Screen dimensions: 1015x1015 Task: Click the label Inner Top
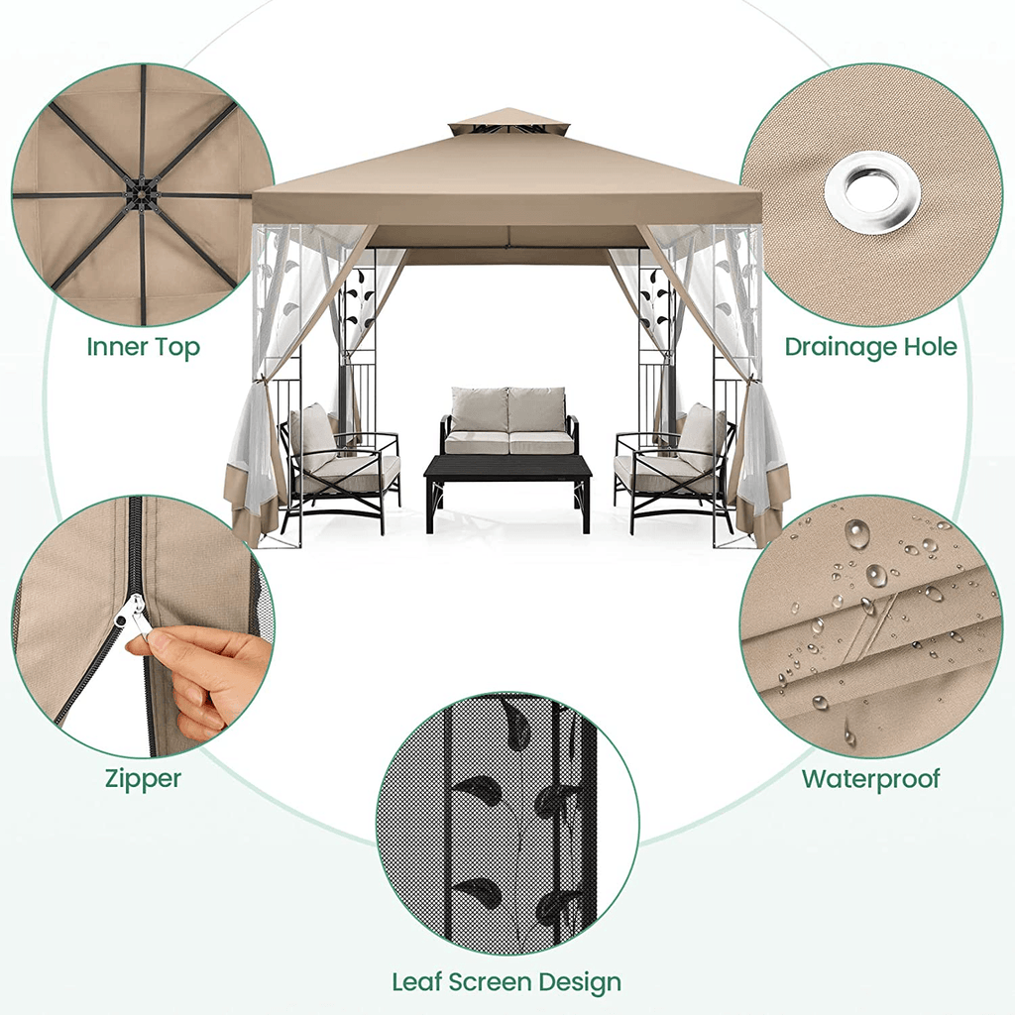point(143,347)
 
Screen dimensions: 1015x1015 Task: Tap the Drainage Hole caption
point(870,347)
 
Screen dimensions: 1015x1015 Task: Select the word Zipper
point(143,779)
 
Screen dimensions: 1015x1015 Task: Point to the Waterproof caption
point(871,779)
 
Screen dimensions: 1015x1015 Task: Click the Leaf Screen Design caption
point(507,982)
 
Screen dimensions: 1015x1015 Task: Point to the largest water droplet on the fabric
point(856,535)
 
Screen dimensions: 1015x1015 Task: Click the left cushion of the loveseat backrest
point(480,409)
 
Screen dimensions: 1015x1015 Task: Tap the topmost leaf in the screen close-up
point(514,722)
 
